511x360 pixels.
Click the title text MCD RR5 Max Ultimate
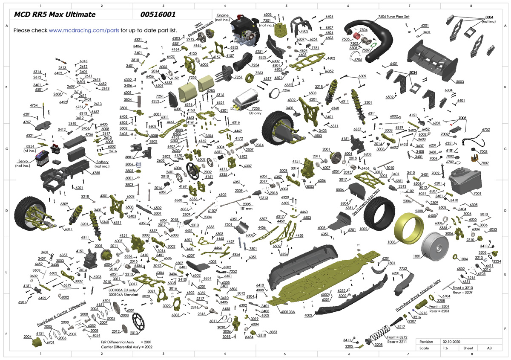click(55, 15)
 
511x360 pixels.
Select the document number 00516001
click(158, 15)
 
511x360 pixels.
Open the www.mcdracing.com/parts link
click(84, 31)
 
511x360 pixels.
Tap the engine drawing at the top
click(243, 32)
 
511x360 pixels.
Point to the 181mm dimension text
click(235, 209)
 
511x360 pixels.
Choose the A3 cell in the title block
click(490, 348)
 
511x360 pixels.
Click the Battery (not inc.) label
click(102, 164)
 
